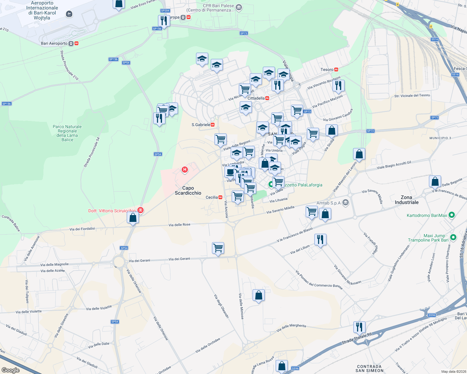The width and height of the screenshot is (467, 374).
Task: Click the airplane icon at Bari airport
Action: point(69,14)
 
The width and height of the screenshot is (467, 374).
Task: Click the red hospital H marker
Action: point(185,170)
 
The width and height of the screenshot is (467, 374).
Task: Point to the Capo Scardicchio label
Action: point(188,190)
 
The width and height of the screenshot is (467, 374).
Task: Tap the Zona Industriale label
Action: point(406,200)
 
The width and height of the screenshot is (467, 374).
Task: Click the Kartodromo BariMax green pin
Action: point(451,215)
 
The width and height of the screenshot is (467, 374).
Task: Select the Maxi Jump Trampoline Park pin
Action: point(453,237)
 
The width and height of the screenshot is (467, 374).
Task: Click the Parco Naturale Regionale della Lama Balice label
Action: point(67,133)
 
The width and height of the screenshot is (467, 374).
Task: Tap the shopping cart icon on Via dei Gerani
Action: point(218,248)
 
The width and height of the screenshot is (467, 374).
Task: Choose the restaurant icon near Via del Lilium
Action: point(320,239)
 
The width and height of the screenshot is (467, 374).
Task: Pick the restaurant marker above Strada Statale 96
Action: point(359,327)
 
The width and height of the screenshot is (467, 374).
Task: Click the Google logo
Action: point(11,370)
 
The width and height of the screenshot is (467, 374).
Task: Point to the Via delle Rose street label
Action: point(179,225)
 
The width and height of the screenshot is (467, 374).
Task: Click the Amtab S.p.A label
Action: point(329,203)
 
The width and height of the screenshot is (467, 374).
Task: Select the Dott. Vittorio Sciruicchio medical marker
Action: point(140,210)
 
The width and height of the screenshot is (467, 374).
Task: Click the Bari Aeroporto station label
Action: point(54,43)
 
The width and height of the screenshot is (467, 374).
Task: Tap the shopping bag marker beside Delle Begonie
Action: point(435,181)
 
